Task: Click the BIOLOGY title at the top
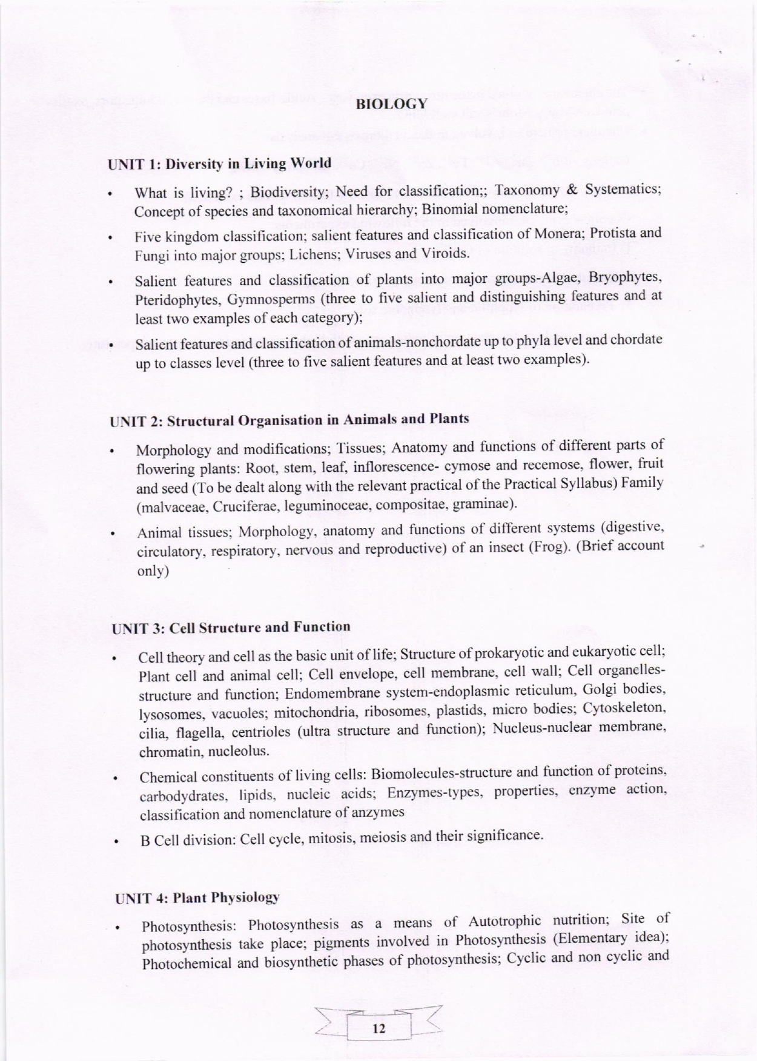click(x=391, y=104)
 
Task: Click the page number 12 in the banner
click(x=379, y=1028)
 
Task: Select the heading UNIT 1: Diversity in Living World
click(x=219, y=164)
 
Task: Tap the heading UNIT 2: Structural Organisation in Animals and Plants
click(x=289, y=420)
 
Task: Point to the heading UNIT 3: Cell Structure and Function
click(x=231, y=627)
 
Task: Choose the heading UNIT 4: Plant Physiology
click(x=197, y=897)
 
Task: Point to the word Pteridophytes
click(x=176, y=301)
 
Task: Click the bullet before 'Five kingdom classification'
click(x=111, y=238)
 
